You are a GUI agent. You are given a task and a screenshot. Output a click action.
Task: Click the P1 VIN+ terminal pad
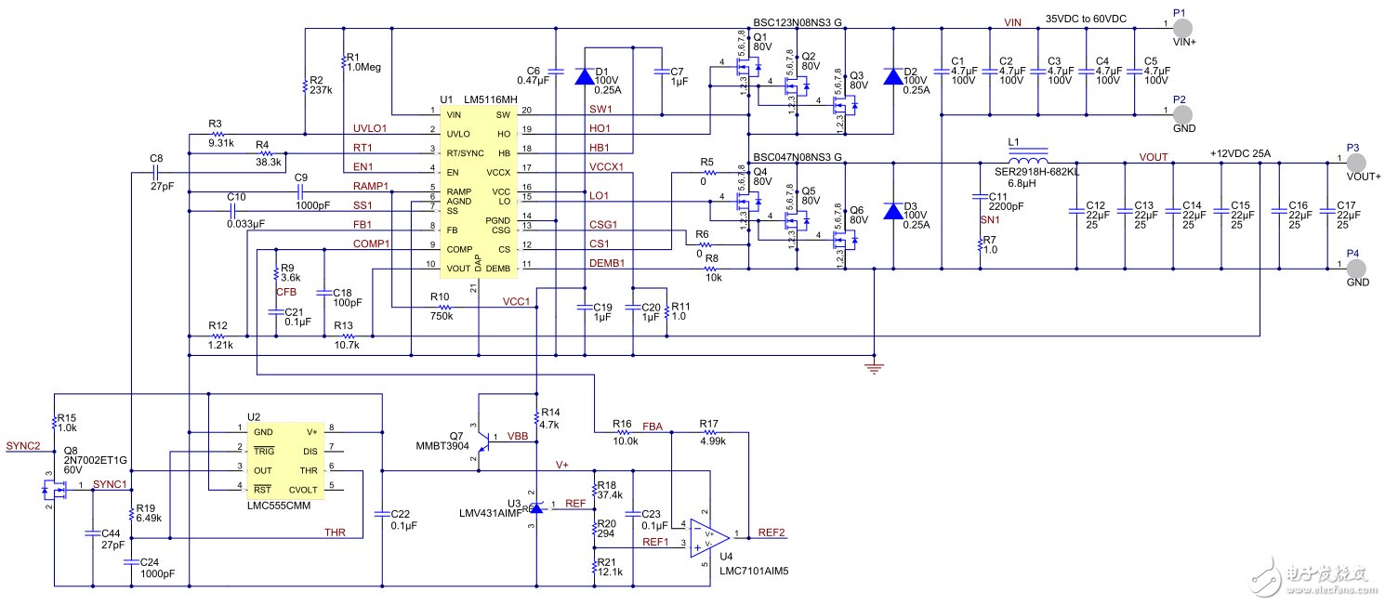[x=1182, y=25]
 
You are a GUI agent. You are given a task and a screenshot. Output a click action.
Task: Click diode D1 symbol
[x=584, y=77]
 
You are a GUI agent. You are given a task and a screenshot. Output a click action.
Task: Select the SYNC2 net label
[x=23, y=446]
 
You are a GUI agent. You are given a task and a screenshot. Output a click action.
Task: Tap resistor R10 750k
[x=443, y=307]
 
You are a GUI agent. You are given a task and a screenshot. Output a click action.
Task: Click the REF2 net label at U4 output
[x=771, y=533]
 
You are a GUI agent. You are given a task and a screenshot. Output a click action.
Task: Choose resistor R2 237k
[x=305, y=85]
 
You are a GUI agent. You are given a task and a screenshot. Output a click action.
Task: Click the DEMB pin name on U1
[x=499, y=269]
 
